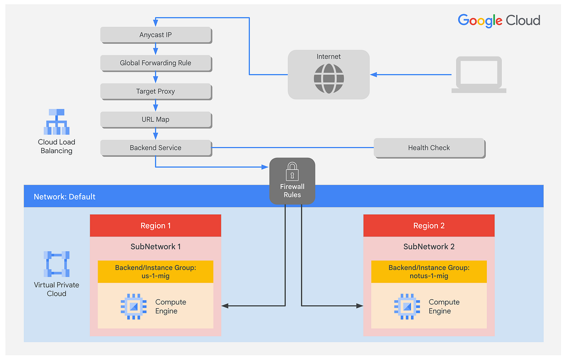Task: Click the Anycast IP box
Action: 155,35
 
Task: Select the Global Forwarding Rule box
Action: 155,63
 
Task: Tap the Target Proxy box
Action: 155,91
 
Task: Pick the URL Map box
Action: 155,120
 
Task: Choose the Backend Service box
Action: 155,147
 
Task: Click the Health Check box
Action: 428,147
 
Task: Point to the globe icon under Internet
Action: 329,78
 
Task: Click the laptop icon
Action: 478,75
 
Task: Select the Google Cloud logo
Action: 499,20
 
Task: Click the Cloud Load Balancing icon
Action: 57,122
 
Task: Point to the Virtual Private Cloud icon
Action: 56,264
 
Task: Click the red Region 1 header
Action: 155,226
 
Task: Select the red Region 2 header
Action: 428,226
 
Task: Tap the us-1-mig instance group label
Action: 155,271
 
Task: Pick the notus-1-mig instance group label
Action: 428,271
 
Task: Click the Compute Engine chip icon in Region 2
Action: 407,306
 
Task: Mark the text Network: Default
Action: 65,196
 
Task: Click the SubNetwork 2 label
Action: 428,246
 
